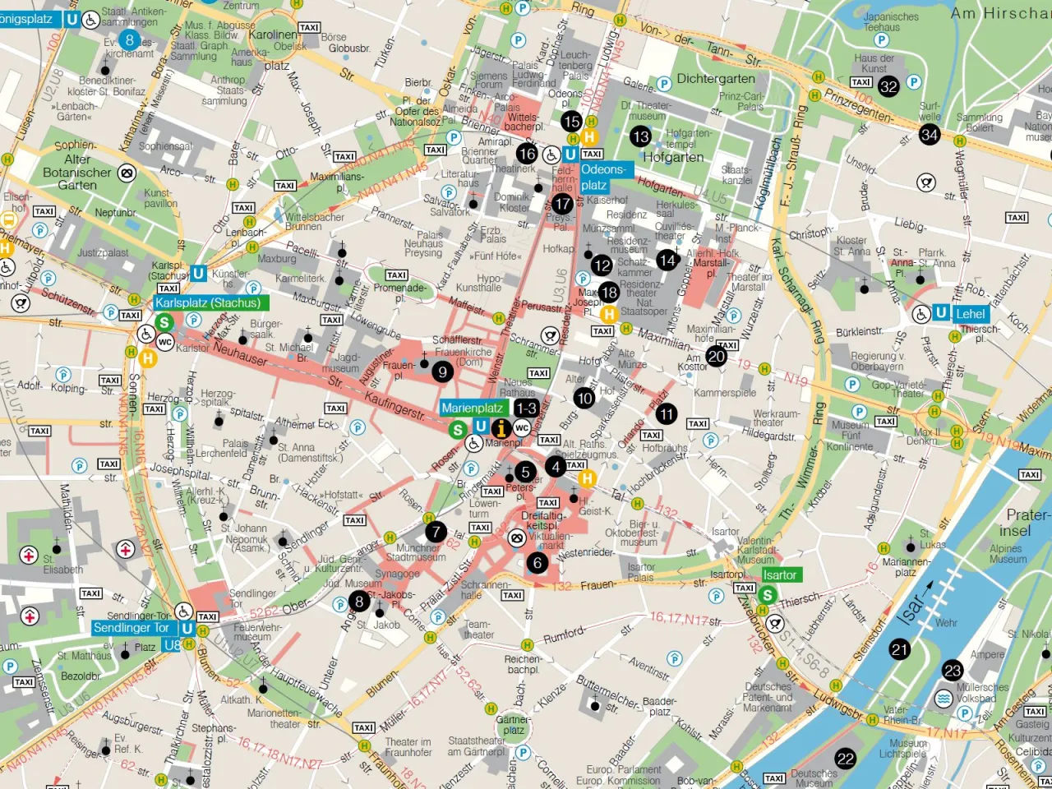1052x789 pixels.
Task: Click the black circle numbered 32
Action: click(x=888, y=86)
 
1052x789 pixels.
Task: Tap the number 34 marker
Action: click(x=930, y=134)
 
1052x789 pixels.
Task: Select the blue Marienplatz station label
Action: click(x=473, y=408)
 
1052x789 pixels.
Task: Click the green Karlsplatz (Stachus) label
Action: click(x=208, y=302)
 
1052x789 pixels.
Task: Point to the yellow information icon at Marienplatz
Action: click(x=501, y=428)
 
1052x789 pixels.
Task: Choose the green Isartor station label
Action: click(x=779, y=575)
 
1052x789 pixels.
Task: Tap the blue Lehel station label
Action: click(x=970, y=313)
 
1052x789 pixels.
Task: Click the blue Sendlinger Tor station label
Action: click(x=131, y=628)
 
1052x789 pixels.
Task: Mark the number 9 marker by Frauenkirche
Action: click(x=442, y=372)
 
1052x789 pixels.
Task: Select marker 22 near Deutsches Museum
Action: click(x=846, y=759)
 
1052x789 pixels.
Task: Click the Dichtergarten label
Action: click(x=715, y=79)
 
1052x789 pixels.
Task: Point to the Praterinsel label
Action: click(x=1026, y=523)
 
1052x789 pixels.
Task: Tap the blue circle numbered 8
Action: click(x=129, y=39)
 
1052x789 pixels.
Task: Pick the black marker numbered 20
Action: click(x=717, y=356)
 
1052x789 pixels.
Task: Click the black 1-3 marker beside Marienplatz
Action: click(x=526, y=408)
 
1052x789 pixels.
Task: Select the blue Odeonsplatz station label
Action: click(x=602, y=177)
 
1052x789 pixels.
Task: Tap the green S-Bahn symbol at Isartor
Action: click(x=768, y=595)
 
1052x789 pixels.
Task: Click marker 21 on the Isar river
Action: click(x=900, y=649)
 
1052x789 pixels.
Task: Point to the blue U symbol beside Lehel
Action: click(x=942, y=313)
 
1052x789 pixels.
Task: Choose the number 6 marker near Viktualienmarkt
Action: click(x=538, y=563)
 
